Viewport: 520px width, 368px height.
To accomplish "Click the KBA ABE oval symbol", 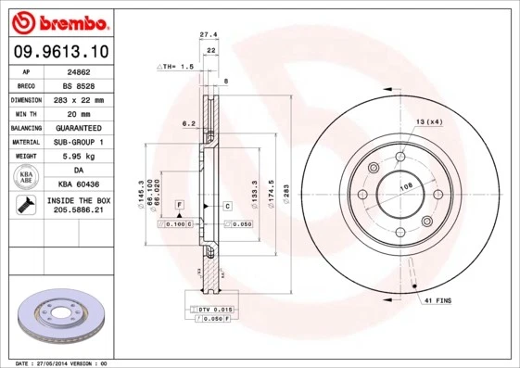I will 27,178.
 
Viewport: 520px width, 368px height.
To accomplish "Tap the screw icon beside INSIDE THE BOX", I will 26,206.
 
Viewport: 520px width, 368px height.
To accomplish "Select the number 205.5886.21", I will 79,211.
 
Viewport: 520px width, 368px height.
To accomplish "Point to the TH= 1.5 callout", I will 175,67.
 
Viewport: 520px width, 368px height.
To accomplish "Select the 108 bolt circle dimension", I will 404,187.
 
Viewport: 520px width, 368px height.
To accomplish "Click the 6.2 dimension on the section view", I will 187,122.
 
